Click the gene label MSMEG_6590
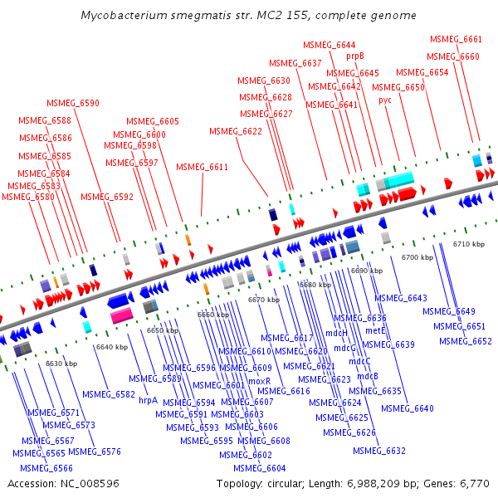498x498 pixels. [73, 103]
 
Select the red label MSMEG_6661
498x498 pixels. [456, 39]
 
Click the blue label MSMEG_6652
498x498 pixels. [466, 341]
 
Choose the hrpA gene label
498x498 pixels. [148, 399]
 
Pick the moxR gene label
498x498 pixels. [260, 380]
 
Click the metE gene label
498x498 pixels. [376, 330]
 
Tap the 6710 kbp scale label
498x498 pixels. [472, 244]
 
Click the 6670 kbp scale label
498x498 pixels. [263, 300]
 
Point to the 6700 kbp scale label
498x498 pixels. [417, 257]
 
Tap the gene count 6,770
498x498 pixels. [475, 483]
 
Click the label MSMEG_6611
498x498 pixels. [202, 167]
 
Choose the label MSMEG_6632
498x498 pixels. [378, 451]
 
